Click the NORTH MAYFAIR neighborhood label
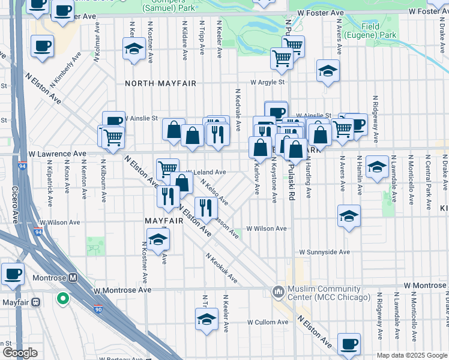pos(160,83)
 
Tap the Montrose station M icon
pos(73,278)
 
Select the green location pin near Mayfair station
pos(62,298)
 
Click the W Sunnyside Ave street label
pos(324,253)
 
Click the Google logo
pos(20,353)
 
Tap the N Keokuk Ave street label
pos(221,268)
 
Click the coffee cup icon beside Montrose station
pos(13,275)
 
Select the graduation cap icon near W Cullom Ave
pos(206,320)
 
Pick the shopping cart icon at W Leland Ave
pos(167,169)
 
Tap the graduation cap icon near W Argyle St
pos(328,71)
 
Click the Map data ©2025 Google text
pos(412,355)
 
